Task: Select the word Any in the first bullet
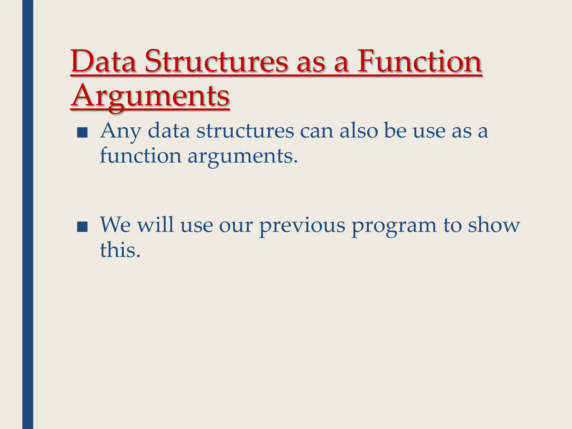(x=120, y=131)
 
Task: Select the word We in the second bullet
(x=115, y=225)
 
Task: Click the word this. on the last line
(x=120, y=249)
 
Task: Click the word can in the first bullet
(x=316, y=131)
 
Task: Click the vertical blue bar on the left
(x=28, y=214)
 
